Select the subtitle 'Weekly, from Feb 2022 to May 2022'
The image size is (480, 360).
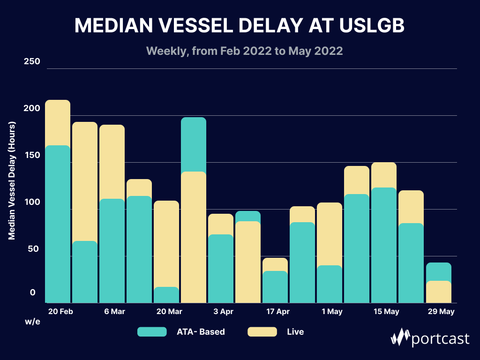click(244, 51)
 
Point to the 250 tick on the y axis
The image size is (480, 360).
click(32, 62)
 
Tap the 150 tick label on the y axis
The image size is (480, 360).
click(32, 156)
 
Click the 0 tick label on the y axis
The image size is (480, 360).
click(33, 292)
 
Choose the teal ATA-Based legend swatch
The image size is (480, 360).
click(152, 332)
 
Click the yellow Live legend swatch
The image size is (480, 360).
click(262, 332)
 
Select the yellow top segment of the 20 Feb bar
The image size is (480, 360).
click(58, 123)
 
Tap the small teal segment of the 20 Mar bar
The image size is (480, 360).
click(166, 295)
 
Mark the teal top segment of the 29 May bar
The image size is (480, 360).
click(439, 271)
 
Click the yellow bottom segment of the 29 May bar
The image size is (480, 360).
click(439, 292)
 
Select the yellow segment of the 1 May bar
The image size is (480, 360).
click(330, 234)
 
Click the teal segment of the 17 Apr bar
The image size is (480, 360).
click(275, 287)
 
